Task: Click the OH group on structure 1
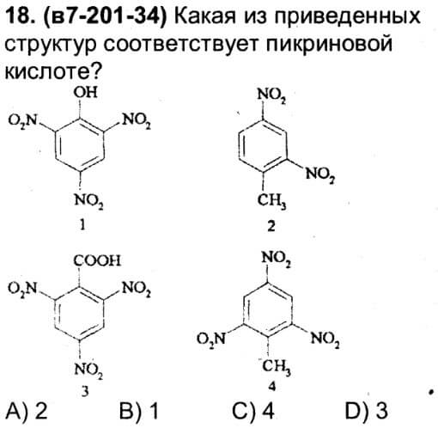click(86, 93)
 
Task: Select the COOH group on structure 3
click(97, 260)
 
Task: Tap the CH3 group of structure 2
click(271, 200)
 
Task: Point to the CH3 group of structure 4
click(277, 366)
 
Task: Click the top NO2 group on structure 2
click(271, 95)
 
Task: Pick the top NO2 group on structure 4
click(277, 259)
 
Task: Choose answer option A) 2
click(27, 411)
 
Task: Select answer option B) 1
click(139, 411)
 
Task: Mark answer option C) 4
click(253, 411)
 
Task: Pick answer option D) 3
click(367, 411)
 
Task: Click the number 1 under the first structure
click(82, 225)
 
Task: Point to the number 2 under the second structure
click(271, 226)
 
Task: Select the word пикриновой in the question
click(329, 45)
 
